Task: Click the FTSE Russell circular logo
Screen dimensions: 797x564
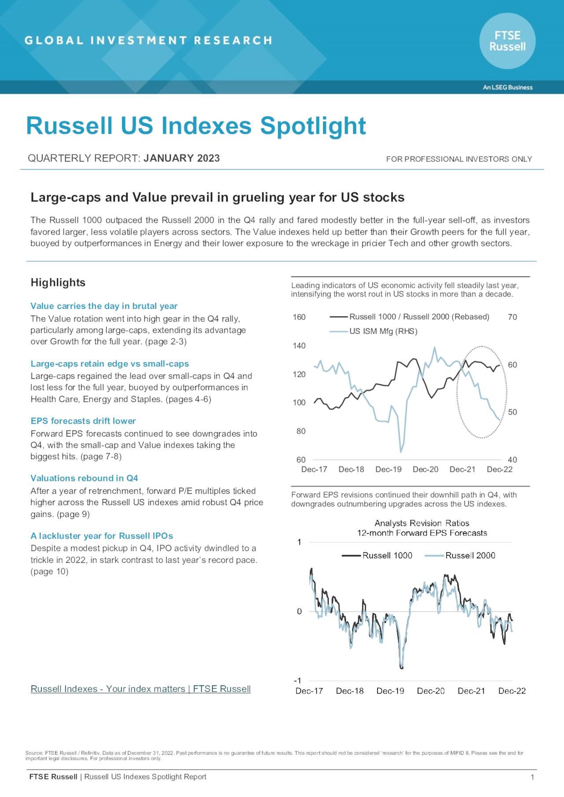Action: coord(507,41)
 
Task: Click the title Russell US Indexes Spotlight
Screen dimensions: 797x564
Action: coord(196,126)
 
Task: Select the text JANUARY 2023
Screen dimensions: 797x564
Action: coord(182,158)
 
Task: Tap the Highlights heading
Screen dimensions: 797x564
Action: coord(58,283)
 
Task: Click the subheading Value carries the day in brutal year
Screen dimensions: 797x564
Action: coord(104,306)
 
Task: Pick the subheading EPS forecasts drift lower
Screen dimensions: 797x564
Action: coord(83,421)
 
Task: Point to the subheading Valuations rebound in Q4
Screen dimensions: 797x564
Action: coord(84,478)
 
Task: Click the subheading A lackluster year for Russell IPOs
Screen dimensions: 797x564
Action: coord(101,536)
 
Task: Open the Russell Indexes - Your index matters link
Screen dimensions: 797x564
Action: coord(141,689)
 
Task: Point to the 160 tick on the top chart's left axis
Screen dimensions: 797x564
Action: coord(299,317)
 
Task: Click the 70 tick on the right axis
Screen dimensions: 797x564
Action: coord(512,317)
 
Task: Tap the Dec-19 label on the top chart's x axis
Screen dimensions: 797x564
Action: coord(388,469)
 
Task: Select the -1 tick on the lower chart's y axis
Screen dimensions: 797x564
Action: coord(298,680)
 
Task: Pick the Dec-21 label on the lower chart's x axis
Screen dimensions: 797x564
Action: coord(471,691)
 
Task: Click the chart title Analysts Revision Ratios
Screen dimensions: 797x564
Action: coord(422,523)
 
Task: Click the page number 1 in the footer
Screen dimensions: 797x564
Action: coord(532,777)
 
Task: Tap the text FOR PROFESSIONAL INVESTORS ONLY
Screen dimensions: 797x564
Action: coord(459,159)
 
